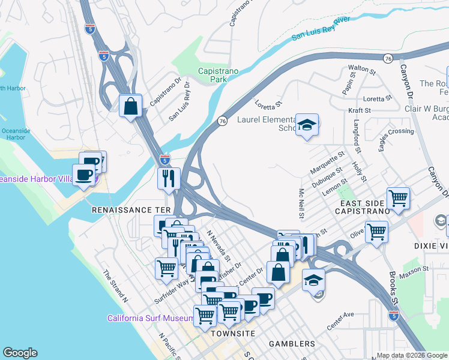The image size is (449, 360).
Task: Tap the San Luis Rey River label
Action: click(x=321, y=29)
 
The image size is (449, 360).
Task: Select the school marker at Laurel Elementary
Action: click(x=307, y=125)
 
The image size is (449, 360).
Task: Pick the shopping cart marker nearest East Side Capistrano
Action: click(x=398, y=197)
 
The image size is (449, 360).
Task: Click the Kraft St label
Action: click(x=360, y=110)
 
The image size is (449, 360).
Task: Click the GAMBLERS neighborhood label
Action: click(x=292, y=344)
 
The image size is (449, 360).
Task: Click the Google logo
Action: click(x=20, y=353)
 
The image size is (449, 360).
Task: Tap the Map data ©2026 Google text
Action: click(x=412, y=355)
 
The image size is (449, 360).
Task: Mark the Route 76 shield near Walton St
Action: click(x=388, y=58)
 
